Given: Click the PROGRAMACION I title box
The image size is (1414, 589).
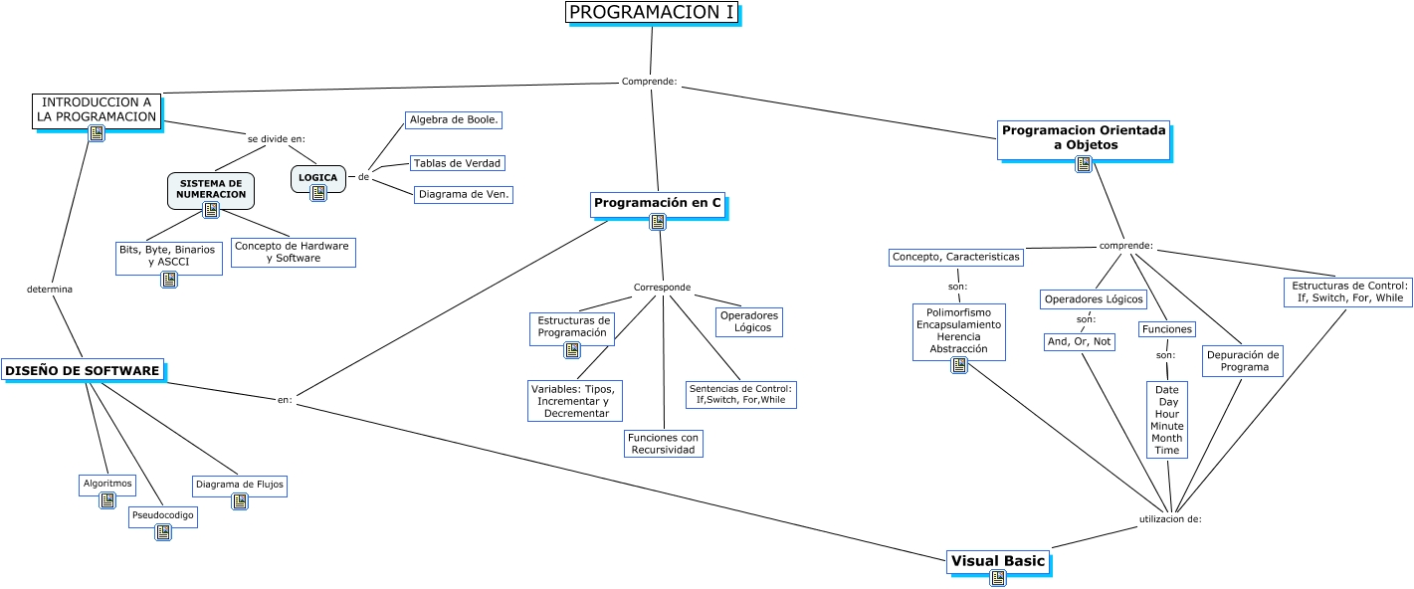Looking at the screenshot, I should pos(652,13).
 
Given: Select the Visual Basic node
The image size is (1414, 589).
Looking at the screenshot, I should pos(998,561).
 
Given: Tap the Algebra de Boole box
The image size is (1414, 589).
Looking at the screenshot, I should pos(454,119).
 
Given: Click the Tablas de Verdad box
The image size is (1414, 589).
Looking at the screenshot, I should pos(458,163).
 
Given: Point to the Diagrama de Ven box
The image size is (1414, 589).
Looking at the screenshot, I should pos(464,195).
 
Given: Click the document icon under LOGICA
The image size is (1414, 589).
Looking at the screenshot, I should pos(318,193).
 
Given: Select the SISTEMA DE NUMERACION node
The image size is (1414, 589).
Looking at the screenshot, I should pos(211,188).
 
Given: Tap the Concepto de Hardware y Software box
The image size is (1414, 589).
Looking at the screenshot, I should pos(293,252).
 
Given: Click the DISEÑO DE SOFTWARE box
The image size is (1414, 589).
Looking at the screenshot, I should pos(83,371).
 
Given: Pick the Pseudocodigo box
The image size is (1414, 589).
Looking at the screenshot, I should pos(163,515).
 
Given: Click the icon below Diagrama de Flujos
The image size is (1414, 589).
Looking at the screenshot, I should pos(240,501).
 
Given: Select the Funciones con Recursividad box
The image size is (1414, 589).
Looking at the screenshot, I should pos(664,444).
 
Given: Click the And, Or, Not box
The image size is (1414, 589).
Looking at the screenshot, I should pos(1080,341).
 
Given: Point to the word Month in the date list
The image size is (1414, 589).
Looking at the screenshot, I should pos(1167,438).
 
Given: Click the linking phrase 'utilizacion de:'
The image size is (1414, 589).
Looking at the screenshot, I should pos(1170,519).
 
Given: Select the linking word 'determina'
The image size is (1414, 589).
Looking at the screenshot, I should pos(50,290).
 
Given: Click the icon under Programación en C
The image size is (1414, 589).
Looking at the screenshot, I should pos(658,223).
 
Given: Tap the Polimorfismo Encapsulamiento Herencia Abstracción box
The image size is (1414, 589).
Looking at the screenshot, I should pos(959,330).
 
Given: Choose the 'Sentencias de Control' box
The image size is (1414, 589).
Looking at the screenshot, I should pos(740,394).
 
